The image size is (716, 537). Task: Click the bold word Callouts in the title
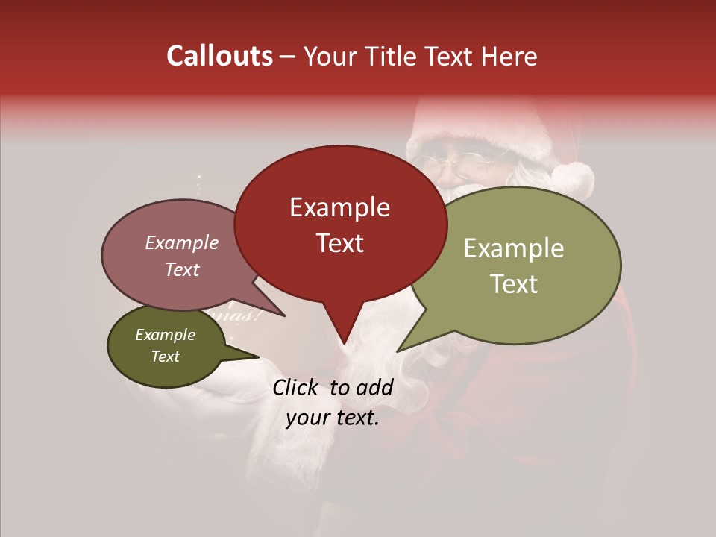point(219,56)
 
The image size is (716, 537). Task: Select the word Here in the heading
point(509,56)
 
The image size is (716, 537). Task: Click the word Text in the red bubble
point(339,243)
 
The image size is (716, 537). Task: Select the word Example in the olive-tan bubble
point(514,248)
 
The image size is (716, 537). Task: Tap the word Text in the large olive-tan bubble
point(514,284)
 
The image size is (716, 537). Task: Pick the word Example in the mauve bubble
point(181,242)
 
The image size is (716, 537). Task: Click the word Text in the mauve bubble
point(181,270)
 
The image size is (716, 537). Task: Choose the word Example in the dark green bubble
point(165,335)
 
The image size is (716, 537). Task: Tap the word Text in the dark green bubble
point(165,357)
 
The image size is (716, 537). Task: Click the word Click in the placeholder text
point(296,387)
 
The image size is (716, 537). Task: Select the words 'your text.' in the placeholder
point(333,418)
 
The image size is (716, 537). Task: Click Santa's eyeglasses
point(456,160)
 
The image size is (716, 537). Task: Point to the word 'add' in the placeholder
point(375,387)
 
